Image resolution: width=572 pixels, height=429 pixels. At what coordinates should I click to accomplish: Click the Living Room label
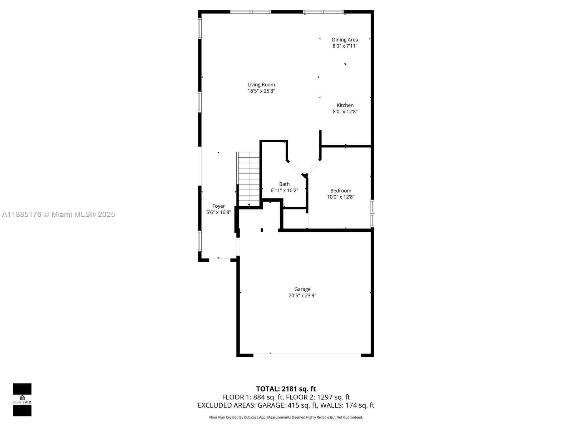(x=261, y=85)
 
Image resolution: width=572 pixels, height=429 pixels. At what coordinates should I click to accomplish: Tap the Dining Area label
(x=345, y=40)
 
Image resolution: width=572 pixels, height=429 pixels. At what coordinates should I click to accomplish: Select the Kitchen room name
(x=345, y=105)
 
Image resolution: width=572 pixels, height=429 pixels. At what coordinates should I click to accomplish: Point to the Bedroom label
(x=340, y=191)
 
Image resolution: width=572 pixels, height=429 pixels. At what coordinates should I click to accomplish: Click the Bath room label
(x=284, y=184)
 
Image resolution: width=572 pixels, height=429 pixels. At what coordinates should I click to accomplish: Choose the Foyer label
(x=218, y=206)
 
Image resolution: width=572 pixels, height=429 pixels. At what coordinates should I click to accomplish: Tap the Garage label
(x=302, y=289)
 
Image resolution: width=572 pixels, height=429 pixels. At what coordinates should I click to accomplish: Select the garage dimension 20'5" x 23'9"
(x=302, y=295)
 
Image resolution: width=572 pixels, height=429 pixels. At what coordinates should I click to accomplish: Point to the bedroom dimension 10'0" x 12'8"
(x=340, y=197)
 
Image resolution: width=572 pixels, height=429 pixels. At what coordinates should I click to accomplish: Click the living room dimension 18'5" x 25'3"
(x=261, y=91)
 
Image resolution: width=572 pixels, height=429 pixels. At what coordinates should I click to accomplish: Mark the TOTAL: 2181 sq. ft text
(x=286, y=389)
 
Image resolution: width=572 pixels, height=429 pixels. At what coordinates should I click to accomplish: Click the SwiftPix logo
(x=22, y=400)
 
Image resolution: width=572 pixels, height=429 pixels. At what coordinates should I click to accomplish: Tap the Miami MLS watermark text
(x=58, y=214)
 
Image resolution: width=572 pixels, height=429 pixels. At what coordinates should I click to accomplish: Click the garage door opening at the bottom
(x=307, y=355)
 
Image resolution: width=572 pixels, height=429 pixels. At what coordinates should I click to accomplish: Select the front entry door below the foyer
(x=220, y=260)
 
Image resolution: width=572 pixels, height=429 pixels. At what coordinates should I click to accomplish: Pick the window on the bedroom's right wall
(x=373, y=213)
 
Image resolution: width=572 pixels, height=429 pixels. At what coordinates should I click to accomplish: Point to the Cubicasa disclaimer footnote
(x=286, y=417)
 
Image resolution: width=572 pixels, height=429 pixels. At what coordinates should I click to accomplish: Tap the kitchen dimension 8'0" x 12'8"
(x=345, y=112)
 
